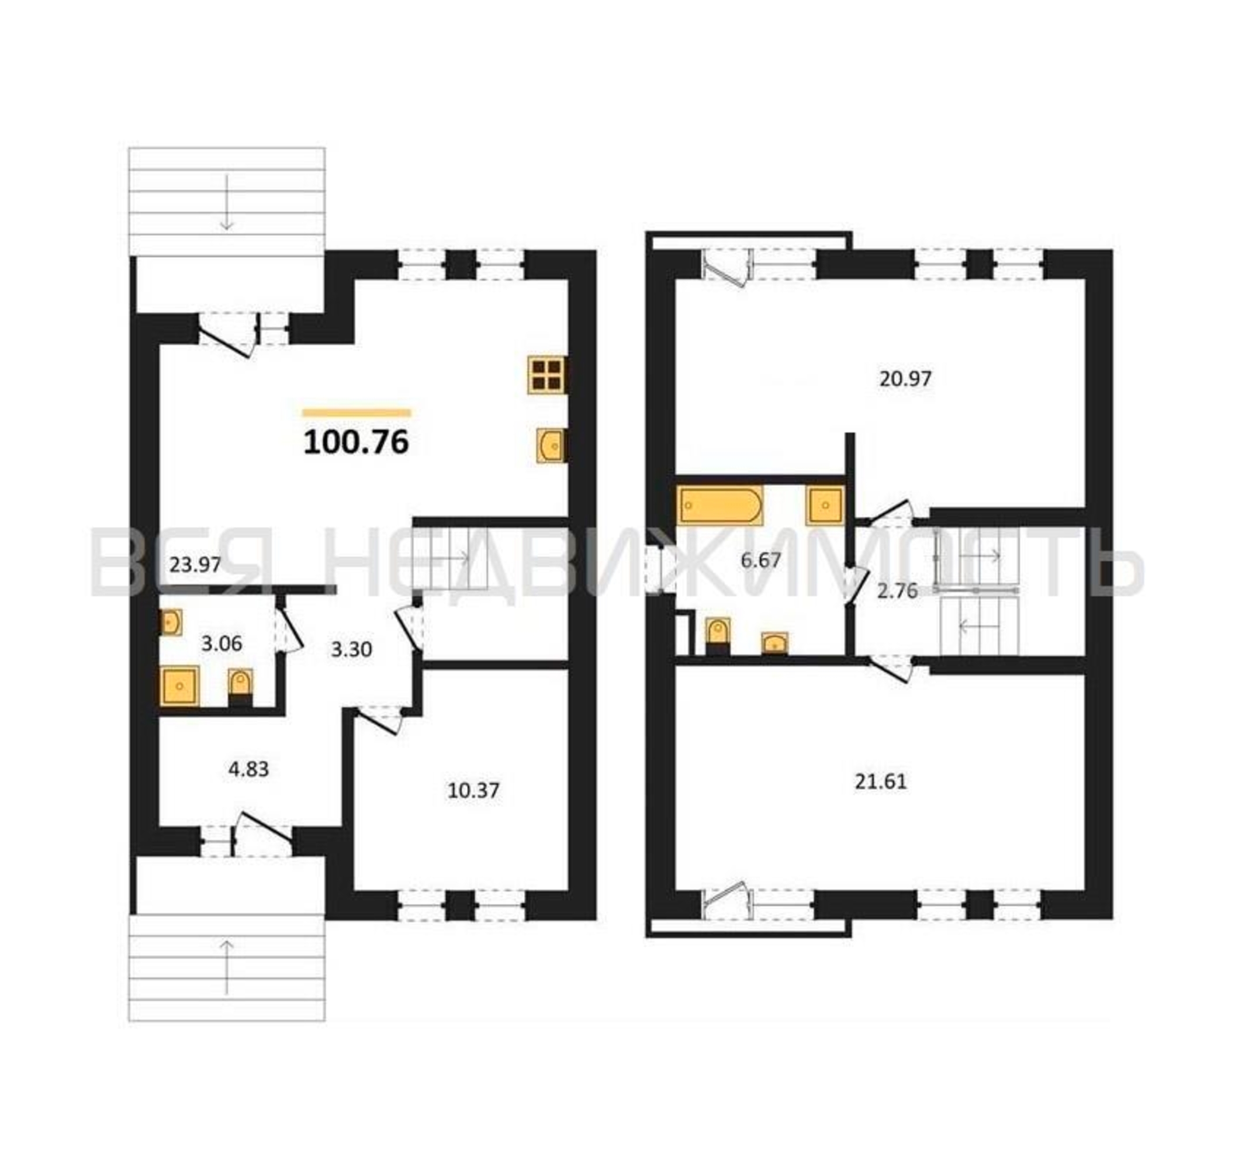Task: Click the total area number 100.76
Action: click(x=356, y=442)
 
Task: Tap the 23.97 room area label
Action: click(x=196, y=565)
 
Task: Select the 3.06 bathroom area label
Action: click(x=222, y=643)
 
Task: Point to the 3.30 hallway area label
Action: click(x=351, y=650)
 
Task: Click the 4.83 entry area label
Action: click(x=248, y=769)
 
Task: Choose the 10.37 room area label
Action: click(x=473, y=791)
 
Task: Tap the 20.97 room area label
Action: click(x=905, y=379)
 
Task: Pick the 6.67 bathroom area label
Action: click(x=760, y=561)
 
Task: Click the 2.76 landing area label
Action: click(x=897, y=591)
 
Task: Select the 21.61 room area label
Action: click(x=880, y=781)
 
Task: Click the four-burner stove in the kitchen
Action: click(x=547, y=375)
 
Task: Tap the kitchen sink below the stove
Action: click(x=552, y=445)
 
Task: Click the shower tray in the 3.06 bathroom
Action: click(x=179, y=686)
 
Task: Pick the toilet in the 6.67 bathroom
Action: click(x=718, y=636)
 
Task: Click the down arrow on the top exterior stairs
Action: click(x=226, y=202)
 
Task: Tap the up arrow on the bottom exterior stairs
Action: click(x=226, y=967)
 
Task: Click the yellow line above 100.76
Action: click(x=357, y=413)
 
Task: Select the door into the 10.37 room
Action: click(x=379, y=718)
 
